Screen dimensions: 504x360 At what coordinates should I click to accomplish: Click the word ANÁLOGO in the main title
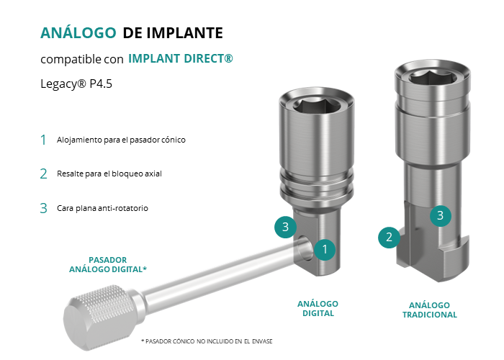[78, 32]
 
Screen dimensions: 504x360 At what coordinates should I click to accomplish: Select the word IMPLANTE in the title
[185, 33]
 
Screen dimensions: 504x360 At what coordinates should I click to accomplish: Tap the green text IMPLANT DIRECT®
[181, 58]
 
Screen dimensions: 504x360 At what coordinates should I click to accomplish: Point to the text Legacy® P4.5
[76, 84]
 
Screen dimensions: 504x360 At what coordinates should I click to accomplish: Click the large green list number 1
[43, 140]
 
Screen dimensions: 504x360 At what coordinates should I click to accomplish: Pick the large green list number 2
[43, 174]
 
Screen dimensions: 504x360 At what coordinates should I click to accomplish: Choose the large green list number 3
[43, 208]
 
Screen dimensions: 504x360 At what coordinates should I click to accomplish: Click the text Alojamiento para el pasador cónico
[121, 140]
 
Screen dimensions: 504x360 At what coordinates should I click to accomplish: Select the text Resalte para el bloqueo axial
[109, 174]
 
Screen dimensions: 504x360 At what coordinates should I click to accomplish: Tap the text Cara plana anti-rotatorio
[102, 208]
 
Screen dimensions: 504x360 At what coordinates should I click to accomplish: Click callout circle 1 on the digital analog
[325, 249]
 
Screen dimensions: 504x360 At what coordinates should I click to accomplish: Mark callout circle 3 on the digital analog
[285, 228]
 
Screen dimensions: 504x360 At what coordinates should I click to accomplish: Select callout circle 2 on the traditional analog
[389, 237]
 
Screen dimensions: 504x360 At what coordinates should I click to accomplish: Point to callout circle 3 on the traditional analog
[441, 215]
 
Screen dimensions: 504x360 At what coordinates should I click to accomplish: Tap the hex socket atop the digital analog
[317, 107]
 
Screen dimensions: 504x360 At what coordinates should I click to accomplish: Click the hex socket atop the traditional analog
[433, 77]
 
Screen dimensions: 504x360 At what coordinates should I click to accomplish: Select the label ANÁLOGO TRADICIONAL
[430, 310]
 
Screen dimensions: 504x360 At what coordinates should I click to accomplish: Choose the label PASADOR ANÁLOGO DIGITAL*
[108, 264]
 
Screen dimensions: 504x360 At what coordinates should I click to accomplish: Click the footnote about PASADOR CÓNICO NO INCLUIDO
[207, 341]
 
